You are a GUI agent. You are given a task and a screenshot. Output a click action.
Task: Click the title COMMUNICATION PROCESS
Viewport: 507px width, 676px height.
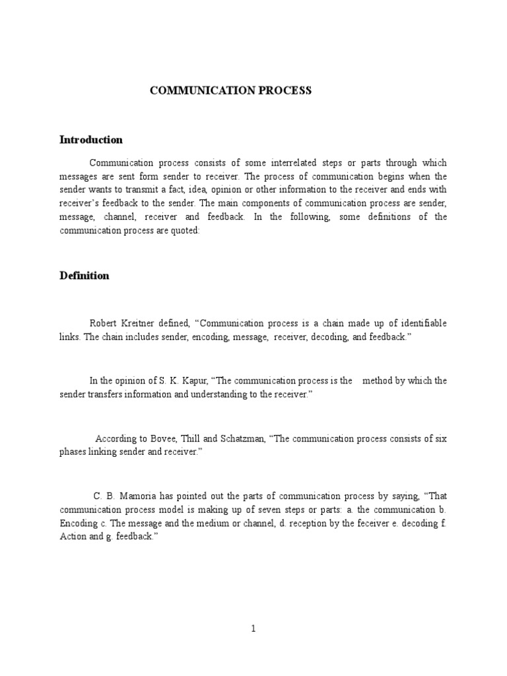(230, 90)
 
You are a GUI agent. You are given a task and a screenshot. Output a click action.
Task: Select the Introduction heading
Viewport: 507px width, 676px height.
(91, 140)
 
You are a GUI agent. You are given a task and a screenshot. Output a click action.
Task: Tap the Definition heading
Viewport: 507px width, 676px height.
(84, 276)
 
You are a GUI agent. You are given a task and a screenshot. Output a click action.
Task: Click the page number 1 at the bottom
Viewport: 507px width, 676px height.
(253, 629)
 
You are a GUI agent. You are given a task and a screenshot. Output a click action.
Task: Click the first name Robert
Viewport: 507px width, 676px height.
(104, 323)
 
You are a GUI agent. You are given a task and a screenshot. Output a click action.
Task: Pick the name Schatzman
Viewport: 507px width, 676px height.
(241, 438)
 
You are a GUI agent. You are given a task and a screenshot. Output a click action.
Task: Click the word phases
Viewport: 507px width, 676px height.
(75, 452)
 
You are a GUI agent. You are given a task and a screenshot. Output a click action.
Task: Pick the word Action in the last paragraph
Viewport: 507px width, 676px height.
(73, 537)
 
